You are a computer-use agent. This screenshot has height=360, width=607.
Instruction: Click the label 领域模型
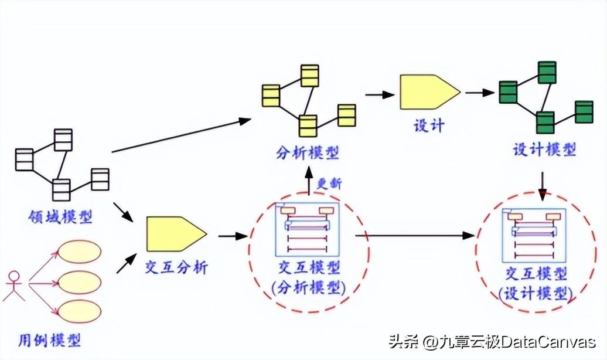coord(60,217)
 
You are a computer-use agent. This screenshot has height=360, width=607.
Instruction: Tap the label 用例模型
coord(50,341)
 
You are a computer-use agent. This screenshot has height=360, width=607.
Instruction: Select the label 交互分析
coord(176,267)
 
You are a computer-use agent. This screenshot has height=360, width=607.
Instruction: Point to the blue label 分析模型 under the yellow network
coord(308,153)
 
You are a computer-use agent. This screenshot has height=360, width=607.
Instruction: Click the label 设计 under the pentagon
coord(429,126)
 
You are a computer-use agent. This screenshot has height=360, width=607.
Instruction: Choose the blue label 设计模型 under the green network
coord(545,150)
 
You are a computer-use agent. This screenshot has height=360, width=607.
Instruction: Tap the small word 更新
coord(329,184)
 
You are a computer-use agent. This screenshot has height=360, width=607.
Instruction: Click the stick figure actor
coord(14,286)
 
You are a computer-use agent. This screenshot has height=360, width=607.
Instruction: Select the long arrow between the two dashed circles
coord(415,235)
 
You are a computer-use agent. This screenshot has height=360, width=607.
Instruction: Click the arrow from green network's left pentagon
coord(480,93)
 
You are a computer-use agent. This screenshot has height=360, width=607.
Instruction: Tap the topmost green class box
coord(547,73)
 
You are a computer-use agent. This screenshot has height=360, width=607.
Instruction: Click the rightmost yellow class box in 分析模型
coord(346,116)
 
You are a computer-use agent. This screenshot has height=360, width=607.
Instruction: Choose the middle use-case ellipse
coord(79,283)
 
